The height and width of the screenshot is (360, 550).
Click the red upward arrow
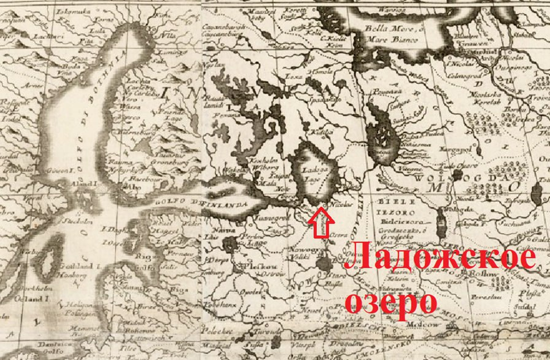(x=320, y=221)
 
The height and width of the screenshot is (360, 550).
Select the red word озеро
(x=391, y=300)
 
